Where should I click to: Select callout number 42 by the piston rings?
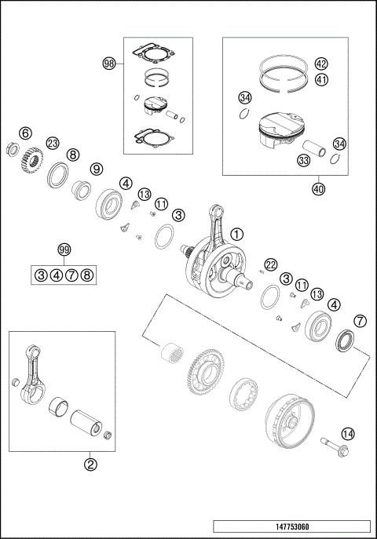321,64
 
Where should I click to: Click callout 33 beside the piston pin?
303,161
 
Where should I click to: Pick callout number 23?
53,143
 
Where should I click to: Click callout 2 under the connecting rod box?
90,464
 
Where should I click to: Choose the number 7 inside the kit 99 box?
71,275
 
